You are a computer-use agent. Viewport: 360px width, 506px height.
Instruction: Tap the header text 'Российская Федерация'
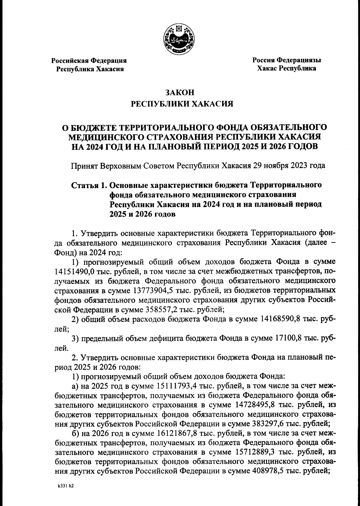click(x=89, y=61)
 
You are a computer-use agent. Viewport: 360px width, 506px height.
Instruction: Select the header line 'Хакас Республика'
click(x=286, y=69)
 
